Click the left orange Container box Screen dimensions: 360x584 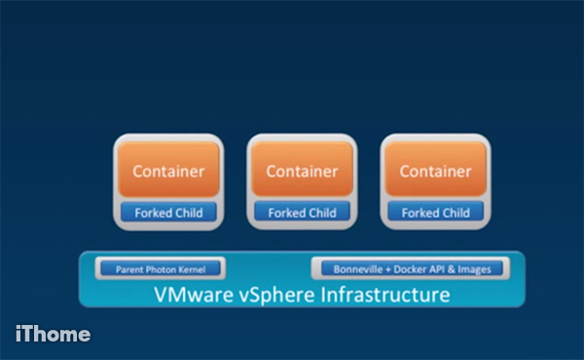[168, 172]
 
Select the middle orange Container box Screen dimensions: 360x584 [302, 172]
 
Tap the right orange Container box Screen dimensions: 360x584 [435, 172]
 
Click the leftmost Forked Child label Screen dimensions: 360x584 [168, 212]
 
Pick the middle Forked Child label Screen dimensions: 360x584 [302, 212]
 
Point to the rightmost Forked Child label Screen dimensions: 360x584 [435, 212]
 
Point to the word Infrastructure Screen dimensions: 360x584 [384, 294]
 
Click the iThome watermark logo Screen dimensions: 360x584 [54, 334]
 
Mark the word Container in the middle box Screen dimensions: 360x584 [302, 172]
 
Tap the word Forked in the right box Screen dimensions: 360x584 [420, 212]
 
